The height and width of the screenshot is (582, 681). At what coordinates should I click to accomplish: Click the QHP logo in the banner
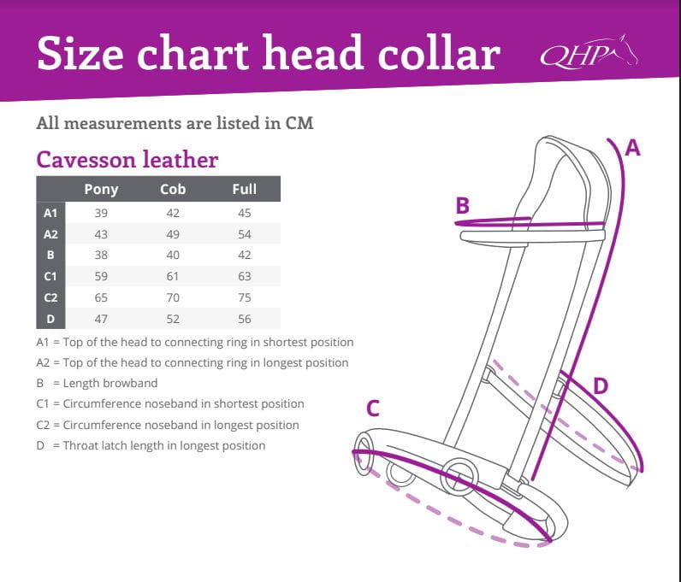[x=589, y=52]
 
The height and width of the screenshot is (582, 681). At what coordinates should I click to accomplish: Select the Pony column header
[x=101, y=190]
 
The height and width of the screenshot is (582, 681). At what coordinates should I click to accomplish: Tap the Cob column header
[x=173, y=189]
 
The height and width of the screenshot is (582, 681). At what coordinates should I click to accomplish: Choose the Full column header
[x=245, y=189]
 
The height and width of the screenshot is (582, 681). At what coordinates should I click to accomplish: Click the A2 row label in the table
[x=50, y=234]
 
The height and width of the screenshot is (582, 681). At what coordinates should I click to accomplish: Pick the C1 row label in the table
[x=50, y=276]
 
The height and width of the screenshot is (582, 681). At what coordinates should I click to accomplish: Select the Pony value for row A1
[x=101, y=213]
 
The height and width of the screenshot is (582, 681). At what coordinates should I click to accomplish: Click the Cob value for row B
[x=173, y=256]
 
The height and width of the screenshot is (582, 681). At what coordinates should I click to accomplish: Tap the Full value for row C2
[x=245, y=297]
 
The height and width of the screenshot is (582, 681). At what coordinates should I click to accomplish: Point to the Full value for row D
[x=245, y=319]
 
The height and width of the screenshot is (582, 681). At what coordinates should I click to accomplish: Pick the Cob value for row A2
[x=173, y=234]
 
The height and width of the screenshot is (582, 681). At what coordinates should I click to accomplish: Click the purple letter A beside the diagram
[x=632, y=148]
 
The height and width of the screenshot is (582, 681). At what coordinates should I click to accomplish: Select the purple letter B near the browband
[x=463, y=205]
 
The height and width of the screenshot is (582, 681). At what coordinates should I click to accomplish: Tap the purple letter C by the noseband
[x=373, y=409]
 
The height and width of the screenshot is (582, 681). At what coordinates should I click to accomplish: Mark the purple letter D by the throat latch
[x=601, y=385]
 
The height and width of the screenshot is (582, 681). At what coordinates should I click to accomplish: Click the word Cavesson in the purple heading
[x=86, y=160]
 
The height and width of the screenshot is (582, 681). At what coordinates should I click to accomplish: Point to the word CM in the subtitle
[x=299, y=123]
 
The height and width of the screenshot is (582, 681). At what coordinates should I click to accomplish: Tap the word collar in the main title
[x=439, y=53]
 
